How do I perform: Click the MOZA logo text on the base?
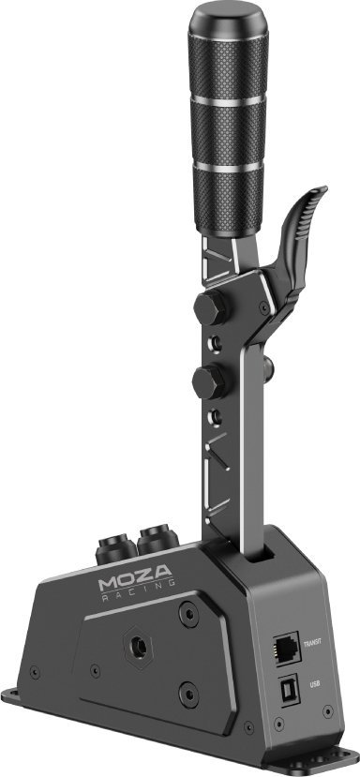point(135,576)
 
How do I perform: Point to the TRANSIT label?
point(313,642)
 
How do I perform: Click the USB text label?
point(314,684)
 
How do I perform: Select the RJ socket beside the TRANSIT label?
point(287,648)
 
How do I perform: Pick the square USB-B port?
point(289,689)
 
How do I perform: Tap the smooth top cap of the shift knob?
point(228,20)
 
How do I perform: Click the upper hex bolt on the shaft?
point(210,307)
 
